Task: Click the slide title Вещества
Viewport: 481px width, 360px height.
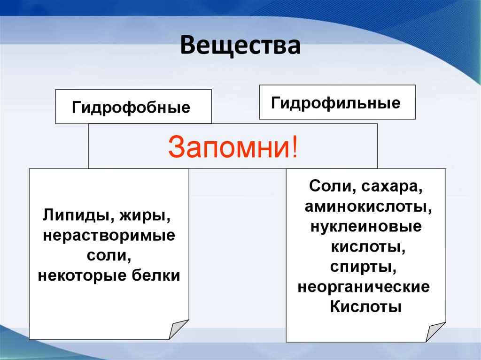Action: (240, 46)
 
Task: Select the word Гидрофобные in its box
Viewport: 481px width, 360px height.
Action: (131, 107)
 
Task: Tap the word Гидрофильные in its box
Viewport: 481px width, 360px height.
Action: (335, 103)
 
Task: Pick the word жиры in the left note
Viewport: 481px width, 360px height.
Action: (145, 216)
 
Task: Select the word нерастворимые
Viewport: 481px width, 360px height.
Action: (109, 236)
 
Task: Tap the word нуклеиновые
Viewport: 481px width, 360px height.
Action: (366, 227)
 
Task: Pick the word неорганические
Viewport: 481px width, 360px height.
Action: (364, 287)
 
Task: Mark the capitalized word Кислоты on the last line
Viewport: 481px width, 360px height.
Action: (365, 306)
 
